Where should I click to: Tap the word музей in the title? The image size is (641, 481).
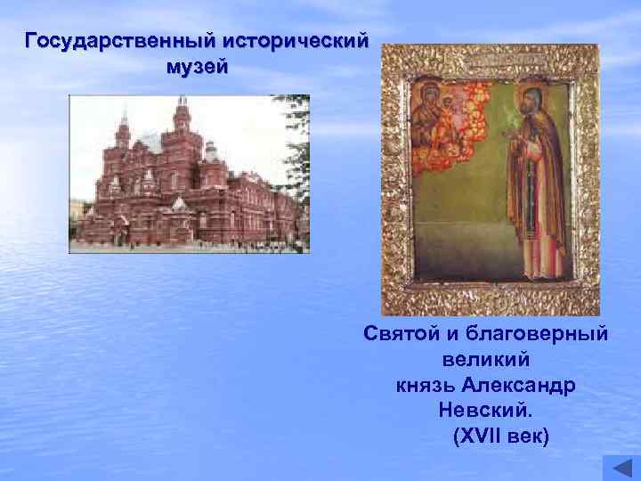click(x=197, y=68)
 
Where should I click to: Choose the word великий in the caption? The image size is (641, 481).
click(x=485, y=360)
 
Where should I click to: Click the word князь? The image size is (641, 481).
click(x=426, y=387)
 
